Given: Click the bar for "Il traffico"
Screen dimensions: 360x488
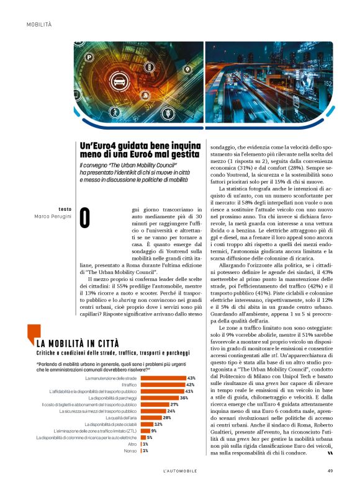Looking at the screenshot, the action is point(163,385).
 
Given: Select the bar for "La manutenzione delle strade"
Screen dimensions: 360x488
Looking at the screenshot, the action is point(164,378).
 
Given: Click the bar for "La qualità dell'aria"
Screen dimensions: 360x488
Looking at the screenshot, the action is point(151,418).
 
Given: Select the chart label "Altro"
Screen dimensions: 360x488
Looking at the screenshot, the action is point(132,444).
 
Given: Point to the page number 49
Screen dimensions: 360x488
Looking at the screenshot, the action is point(331,470).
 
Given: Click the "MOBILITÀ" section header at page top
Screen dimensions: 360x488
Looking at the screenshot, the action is point(39,24).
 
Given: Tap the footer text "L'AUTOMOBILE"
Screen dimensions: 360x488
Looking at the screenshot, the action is point(180,470).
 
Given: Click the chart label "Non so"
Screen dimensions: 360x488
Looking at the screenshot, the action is point(130,451).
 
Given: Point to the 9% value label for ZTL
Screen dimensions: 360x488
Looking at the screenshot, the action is point(154,431).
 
